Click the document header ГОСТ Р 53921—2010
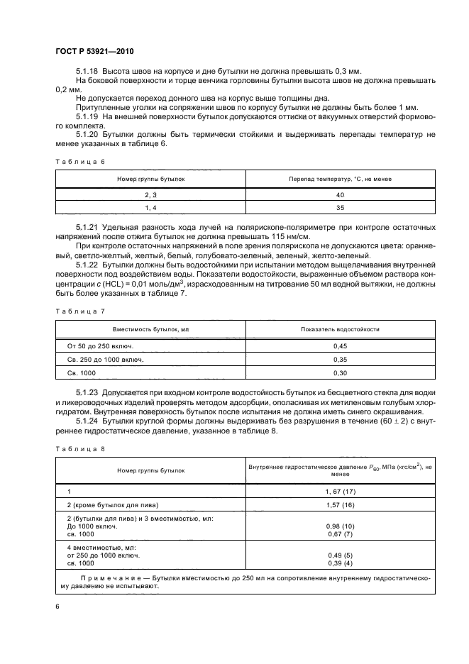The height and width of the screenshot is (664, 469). pyautogui.click(x=94, y=52)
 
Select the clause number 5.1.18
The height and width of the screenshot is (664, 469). pyautogui.click(x=87, y=72)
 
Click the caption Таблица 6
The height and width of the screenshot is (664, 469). pyautogui.click(x=79, y=162)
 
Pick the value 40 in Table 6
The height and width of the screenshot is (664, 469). pyautogui.click(x=339, y=194)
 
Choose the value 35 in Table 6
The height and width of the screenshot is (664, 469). pyautogui.click(x=339, y=207)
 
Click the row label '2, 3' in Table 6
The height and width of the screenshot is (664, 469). pyautogui.click(x=150, y=194)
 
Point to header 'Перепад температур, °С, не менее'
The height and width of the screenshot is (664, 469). pyautogui.click(x=339, y=179)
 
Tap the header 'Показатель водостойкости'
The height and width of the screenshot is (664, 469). pyautogui.click(x=339, y=330)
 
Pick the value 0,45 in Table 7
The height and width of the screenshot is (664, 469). pyautogui.click(x=339, y=346)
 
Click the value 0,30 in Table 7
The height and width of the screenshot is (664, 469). pyautogui.click(x=339, y=372)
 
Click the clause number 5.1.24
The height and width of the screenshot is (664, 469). pyautogui.click(x=87, y=421)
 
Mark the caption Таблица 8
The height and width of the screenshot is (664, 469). pyautogui.click(x=79, y=448)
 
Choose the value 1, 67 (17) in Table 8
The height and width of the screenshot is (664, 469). pyautogui.click(x=339, y=491)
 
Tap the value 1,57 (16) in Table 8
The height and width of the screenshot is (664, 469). pyautogui.click(x=339, y=504)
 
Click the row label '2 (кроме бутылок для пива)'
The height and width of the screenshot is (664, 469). pyautogui.click(x=112, y=504)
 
